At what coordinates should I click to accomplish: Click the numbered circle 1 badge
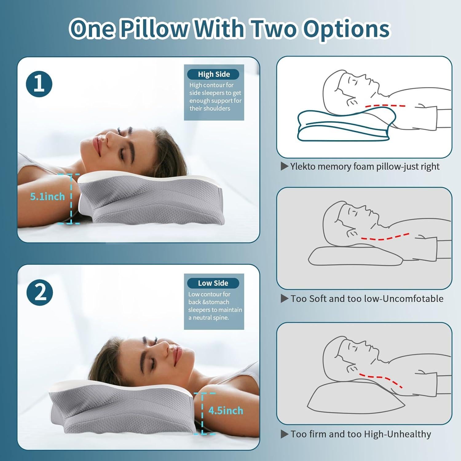pyautogui.click(x=39, y=84)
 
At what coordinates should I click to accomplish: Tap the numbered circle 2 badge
pyautogui.click(x=40, y=293)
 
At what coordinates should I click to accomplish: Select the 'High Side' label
pyautogui.click(x=214, y=74)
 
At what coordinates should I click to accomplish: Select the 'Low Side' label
pyautogui.click(x=213, y=283)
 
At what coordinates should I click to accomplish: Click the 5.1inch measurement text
pyautogui.click(x=47, y=196)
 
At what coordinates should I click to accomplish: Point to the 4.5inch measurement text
pyautogui.click(x=226, y=411)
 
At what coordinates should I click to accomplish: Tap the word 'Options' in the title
pyautogui.click(x=346, y=29)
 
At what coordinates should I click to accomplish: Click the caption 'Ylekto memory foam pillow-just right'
pyautogui.click(x=364, y=167)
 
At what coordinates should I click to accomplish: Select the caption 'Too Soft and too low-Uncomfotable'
pyautogui.click(x=367, y=299)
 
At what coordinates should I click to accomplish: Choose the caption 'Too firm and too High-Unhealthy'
pyautogui.click(x=361, y=434)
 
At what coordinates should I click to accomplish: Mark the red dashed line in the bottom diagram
pyautogui.click(x=381, y=379)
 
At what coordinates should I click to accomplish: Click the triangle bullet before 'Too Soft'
pyautogui.click(x=285, y=299)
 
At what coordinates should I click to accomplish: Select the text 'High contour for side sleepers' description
pyautogui.click(x=215, y=97)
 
